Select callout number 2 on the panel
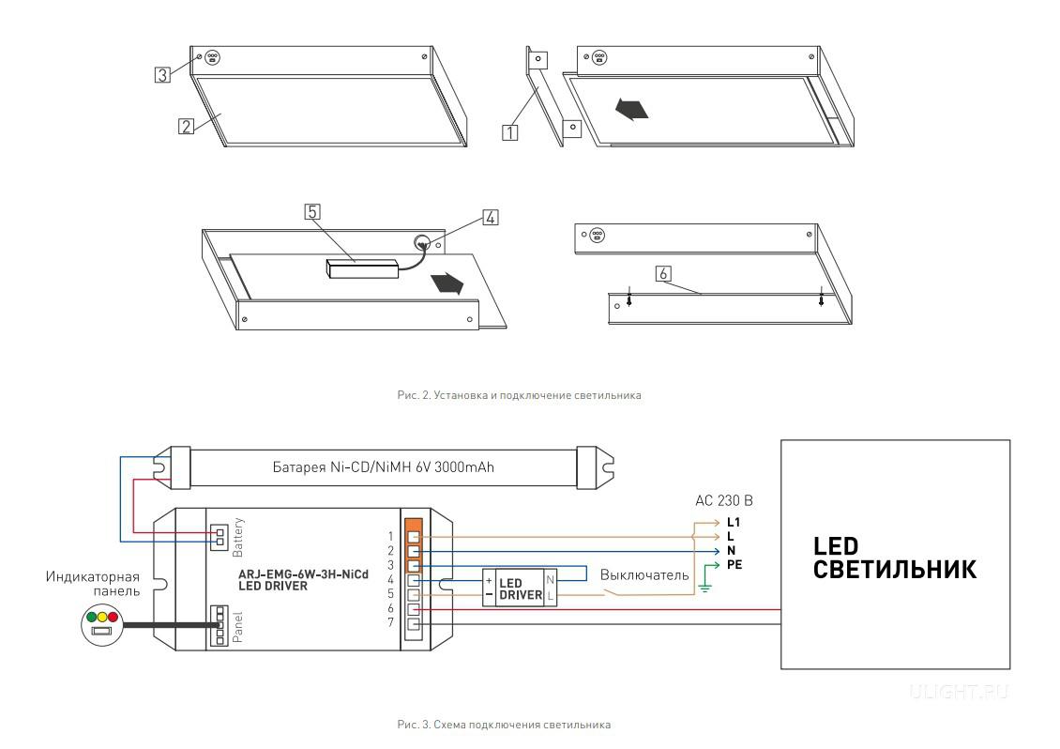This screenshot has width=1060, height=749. click(x=186, y=126)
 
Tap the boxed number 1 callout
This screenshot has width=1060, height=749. click(x=510, y=132)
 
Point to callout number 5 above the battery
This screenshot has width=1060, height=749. click(x=312, y=212)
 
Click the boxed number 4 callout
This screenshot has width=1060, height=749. click(x=489, y=218)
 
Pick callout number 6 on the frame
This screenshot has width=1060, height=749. click(x=663, y=273)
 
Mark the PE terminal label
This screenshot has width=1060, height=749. click(x=734, y=566)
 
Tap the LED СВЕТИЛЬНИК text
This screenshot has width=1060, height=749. click(x=894, y=558)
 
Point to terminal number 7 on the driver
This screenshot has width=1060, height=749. click(x=390, y=623)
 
